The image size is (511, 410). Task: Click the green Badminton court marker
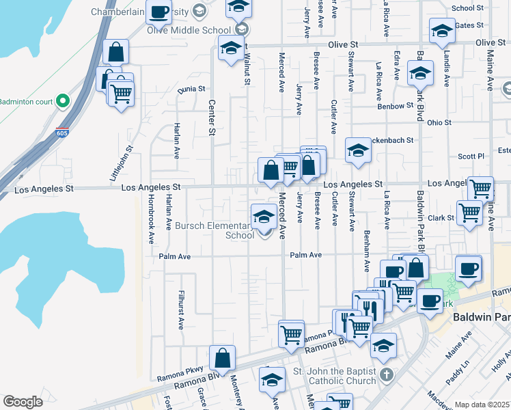tap(63, 101)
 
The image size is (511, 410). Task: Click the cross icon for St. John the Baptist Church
tap(387, 374)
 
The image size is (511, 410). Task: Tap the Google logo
tap(23, 402)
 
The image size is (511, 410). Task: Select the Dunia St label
tap(191, 90)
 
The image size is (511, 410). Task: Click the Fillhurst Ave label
tap(182, 311)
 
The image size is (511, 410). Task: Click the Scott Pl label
tap(471, 156)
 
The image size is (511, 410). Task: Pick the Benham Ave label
tap(368, 250)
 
